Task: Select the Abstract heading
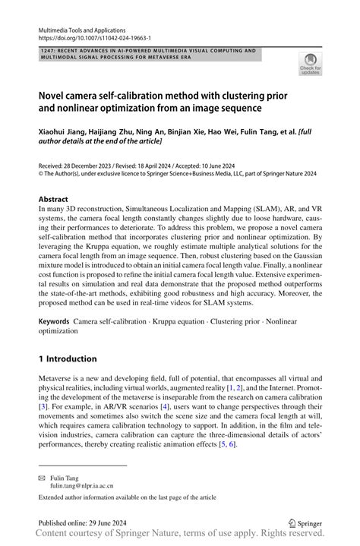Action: coord(53,200)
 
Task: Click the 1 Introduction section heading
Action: coord(68,358)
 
